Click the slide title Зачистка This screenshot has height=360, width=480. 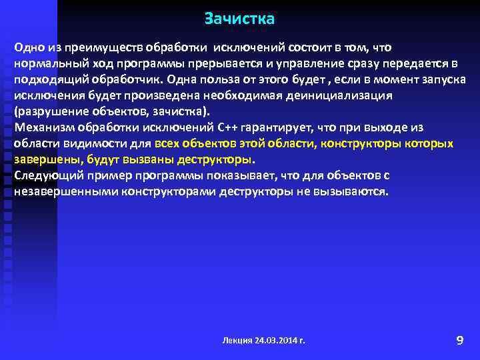click(x=239, y=17)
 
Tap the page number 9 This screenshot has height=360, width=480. click(x=459, y=341)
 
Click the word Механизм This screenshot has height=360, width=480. click(x=41, y=127)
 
